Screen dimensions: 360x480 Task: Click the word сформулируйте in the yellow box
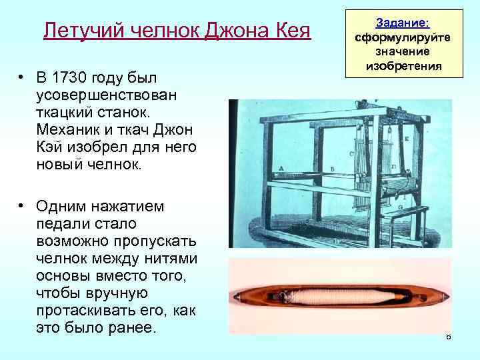(402, 37)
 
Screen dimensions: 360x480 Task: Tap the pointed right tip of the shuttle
(448, 293)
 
